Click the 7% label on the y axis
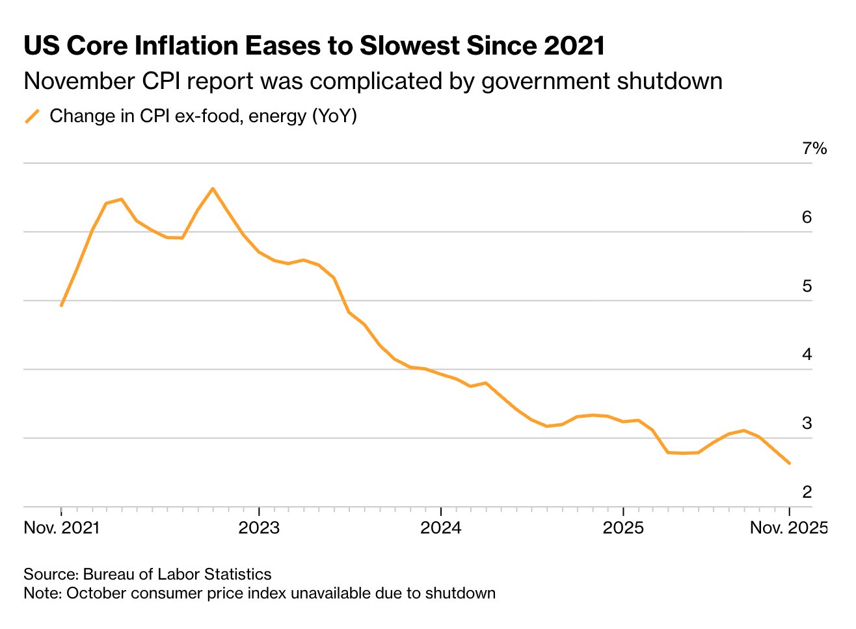[814, 149]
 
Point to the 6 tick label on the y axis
[807, 217]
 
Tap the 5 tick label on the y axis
[807, 286]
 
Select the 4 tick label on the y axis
[807, 355]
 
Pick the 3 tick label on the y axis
[807, 424]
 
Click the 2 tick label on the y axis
[807, 492]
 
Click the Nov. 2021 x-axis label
[62, 528]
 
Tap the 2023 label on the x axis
[259, 528]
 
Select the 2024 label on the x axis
[441, 528]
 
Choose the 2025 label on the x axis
[623, 528]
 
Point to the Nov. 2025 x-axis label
[788, 528]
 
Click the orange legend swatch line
[33, 116]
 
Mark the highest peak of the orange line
[213, 188]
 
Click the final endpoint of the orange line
[790, 463]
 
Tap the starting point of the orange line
[61, 305]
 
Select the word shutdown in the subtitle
[669, 81]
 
